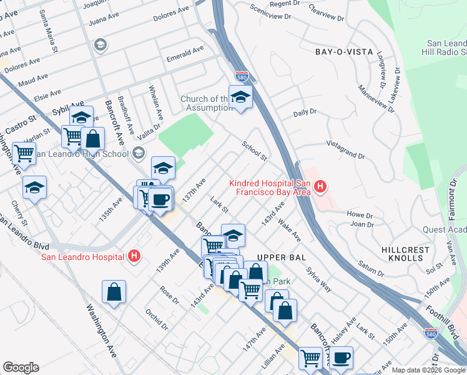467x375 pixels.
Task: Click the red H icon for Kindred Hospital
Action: [x=320, y=186]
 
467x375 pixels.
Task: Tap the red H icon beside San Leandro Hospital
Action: [x=134, y=256]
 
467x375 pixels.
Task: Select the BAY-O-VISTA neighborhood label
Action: [x=344, y=52]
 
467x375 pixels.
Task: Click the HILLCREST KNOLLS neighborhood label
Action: [x=405, y=254]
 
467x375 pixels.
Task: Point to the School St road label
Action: [x=255, y=150]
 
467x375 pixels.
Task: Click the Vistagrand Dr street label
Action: [x=345, y=150]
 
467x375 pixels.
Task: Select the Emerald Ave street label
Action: [x=185, y=54]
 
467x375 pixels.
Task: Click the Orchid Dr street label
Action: [x=157, y=318]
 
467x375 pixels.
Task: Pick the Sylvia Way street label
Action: [x=318, y=281]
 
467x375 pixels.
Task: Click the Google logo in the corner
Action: [x=21, y=367]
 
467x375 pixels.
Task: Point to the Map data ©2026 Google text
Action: [x=428, y=370]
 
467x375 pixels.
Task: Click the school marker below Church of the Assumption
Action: [x=240, y=97]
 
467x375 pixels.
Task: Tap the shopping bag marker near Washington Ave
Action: [x=114, y=292]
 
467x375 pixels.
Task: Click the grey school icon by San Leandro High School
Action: [x=138, y=153]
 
